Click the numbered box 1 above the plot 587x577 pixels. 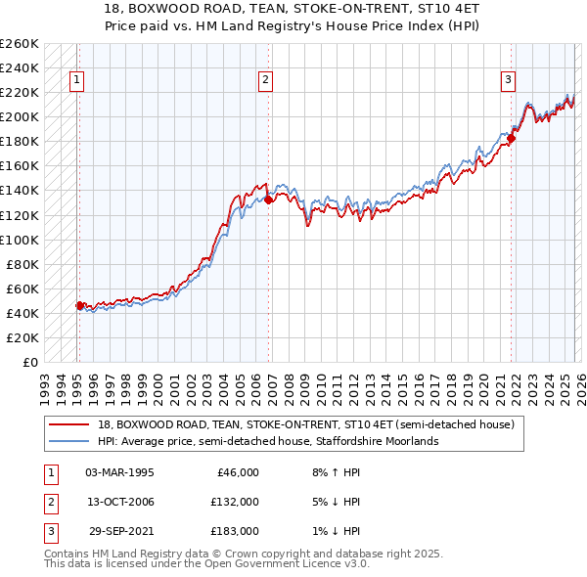(77, 81)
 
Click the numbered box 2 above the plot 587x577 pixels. (265, 81)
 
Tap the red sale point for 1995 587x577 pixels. (79, 305)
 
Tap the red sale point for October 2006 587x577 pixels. (268, 200)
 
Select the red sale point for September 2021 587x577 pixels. (511, 138)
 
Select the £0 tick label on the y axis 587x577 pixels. (28, 362)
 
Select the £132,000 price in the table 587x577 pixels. (235, 502)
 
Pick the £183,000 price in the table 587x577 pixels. (235, 531)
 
